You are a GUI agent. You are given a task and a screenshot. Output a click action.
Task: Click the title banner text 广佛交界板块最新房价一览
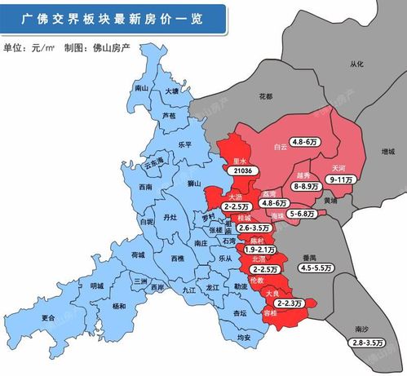[115, 16]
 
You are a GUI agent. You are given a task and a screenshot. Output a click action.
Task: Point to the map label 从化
[356, 63]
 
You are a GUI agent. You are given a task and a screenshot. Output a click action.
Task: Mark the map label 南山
[141, 87]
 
